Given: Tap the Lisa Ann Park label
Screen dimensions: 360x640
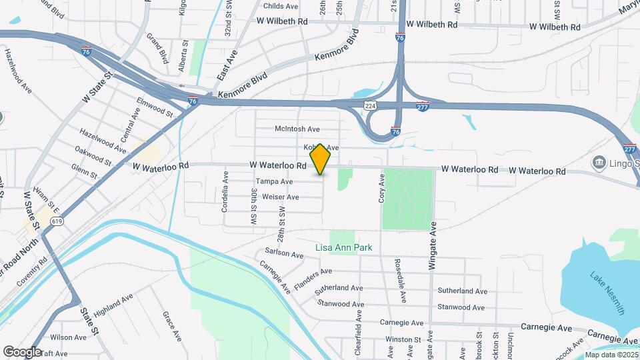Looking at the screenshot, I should click(x=343, y=248).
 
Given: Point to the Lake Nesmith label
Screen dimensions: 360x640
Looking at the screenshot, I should click(x=607, y=293).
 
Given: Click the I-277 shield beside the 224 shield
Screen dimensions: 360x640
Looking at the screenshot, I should click(x=423, y=106).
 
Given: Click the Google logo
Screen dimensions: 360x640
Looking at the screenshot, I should click(x=22, y=351).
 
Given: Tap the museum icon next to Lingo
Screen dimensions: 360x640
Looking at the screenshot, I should click(x=599, y=163).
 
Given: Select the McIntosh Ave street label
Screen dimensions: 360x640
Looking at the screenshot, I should click(x=297, y=129).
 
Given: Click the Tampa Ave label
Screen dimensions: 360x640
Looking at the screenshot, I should click(x=274, y=181).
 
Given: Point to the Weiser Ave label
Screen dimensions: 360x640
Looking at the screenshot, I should click(x=280, y=197).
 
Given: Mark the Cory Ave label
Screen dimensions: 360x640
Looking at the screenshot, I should click(x=383, y=188).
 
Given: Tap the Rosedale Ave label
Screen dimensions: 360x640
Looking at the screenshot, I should click(x=400, y=281).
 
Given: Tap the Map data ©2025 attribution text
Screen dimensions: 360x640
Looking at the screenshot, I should click(x=611, y=355).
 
